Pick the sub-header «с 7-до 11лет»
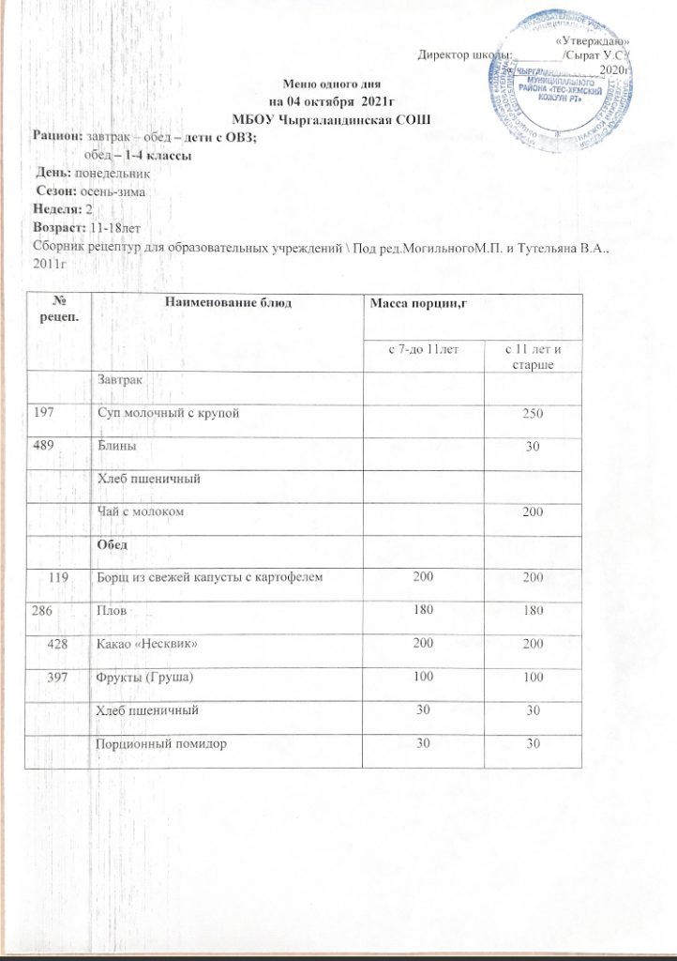pyautogui.click(x=424, y=350)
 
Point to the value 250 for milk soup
pyautogui.click(x=535, y=414)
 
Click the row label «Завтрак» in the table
pyautogui.click(x=120, y=379)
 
